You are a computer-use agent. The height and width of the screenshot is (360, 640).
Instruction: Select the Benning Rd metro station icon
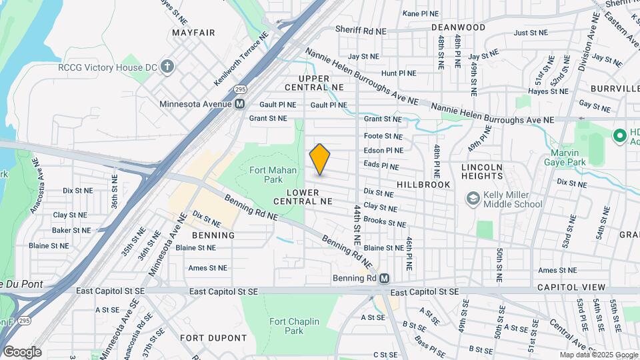(384, 279)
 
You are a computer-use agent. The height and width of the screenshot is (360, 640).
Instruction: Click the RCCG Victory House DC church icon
(167, 67)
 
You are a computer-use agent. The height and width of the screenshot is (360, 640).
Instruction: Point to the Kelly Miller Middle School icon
(473, 199)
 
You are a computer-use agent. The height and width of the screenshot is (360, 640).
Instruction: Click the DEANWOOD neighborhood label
(458, 27)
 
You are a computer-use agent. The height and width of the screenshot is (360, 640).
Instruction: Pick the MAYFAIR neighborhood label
(193, 32)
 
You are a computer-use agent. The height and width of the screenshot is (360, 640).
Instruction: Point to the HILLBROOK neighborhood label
(423, 184)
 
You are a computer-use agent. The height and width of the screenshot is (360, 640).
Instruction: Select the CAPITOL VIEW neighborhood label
(572, 287)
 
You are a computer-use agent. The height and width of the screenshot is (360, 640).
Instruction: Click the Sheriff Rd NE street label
(361, 31)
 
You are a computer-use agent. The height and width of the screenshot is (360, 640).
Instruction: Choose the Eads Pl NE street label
(381, 165)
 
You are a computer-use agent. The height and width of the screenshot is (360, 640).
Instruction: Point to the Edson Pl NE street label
(383, 151)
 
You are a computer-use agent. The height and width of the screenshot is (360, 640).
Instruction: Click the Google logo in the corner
(22, 352)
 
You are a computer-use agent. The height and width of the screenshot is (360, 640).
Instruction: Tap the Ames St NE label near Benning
(207, 268)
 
